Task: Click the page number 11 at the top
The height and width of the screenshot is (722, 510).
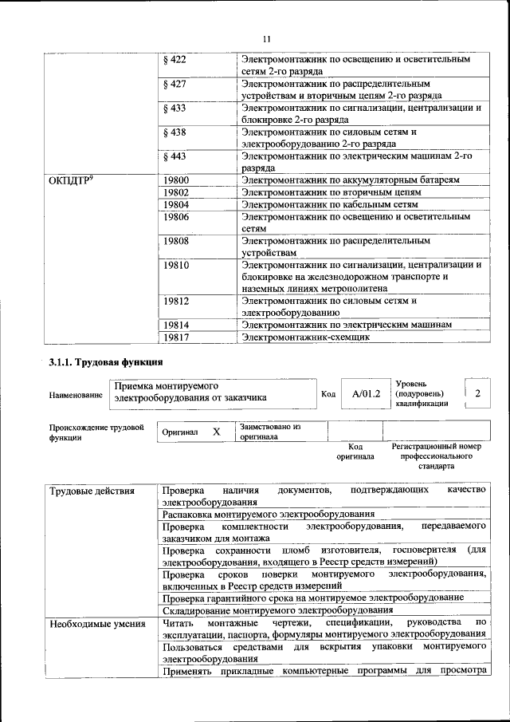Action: tap(266, 37)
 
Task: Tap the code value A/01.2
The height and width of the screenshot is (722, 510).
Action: tap(367, 393)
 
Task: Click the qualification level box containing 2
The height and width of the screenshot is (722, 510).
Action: tap(477, 393)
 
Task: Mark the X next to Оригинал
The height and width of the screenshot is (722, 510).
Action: tap(215, 432)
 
